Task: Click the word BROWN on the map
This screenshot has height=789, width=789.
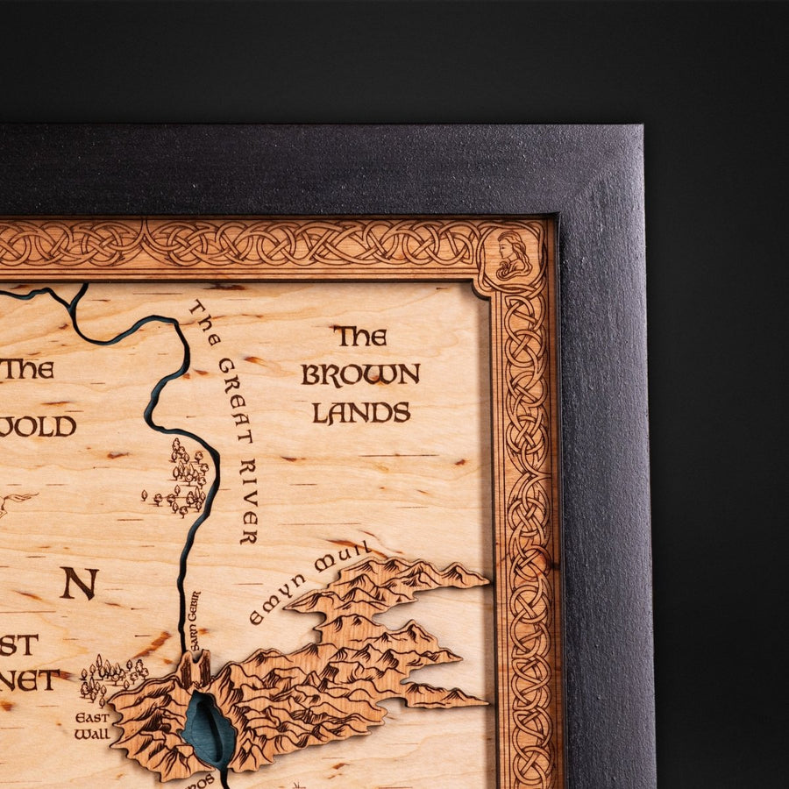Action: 360,374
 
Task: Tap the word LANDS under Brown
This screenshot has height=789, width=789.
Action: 361,413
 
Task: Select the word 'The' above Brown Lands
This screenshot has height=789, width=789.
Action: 359,337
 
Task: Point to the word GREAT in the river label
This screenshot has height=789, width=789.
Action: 235,400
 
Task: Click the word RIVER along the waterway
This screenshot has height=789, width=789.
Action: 248,501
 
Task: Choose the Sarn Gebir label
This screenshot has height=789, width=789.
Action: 194,621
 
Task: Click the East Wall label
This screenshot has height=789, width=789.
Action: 92,725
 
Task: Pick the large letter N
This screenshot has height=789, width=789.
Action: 79,583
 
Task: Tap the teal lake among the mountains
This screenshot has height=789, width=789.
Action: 208,727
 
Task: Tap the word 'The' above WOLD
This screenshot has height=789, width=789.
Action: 27,369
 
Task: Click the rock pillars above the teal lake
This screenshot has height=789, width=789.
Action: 195,671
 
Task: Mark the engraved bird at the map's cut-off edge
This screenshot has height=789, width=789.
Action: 13,502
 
